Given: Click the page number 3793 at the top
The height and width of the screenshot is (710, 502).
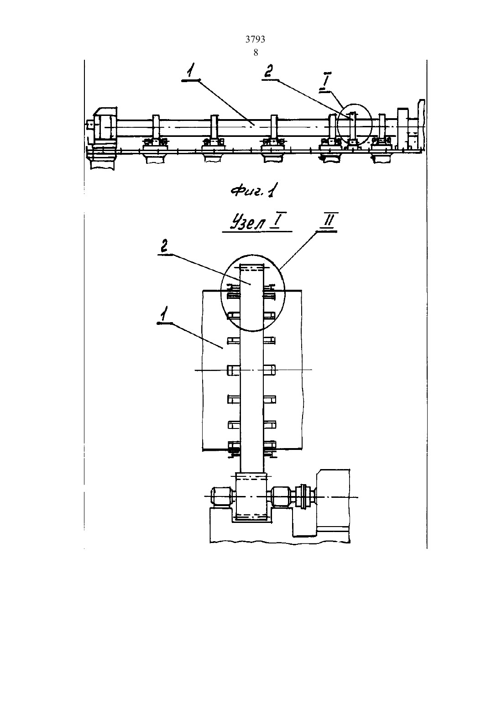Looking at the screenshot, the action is point(255,39).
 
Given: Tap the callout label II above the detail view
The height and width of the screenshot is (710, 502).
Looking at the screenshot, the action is point(329,220).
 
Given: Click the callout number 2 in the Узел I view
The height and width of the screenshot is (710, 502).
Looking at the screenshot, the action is point(164,246).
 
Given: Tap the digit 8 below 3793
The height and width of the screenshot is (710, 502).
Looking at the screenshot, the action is point(256,52).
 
